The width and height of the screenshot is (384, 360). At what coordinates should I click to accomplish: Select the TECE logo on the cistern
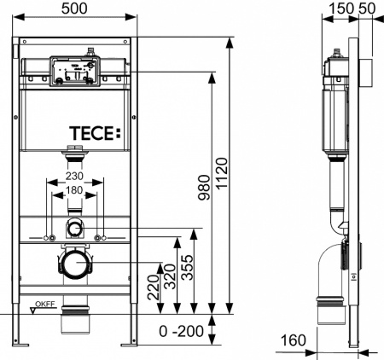95,133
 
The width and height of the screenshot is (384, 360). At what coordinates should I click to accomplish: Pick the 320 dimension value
177,276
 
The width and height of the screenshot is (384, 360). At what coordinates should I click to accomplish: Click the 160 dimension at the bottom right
293,340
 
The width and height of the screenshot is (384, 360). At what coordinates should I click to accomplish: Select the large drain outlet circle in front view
76,265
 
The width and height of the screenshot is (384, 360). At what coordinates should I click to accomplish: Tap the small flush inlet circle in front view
76,228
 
